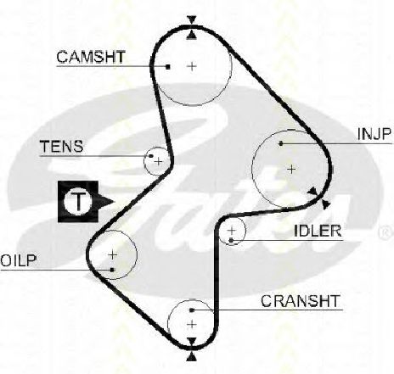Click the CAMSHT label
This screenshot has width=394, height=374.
pyautogui.click(x=91, y=57)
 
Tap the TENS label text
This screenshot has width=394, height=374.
pyautogui.click(x=62, y=147)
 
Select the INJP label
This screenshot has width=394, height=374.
pyautogui.click(x=374, y=134)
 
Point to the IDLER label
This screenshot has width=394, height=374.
pyautogui.click(x=318, y=231)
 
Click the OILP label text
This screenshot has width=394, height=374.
pyautogui.click(x=19, y=260)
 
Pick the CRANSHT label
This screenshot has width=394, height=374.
pyautogui.click(x=300, y=301)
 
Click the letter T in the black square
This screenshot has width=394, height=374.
pyautogui.click(x=78, y=201)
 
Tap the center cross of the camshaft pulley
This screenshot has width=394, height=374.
pyautogui.click(x=192, y=66)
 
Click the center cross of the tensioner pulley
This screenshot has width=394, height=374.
pyautogui.click(x=159, y=161)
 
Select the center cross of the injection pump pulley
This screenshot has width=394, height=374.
pyautogui.click(x=291, y=170)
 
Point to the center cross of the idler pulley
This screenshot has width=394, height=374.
pyautogui.click(x=232, y=231)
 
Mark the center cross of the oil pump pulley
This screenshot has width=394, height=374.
pyautogui.click(x=113, y=254)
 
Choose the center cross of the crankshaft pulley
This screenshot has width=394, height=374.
pyautogui.click(x=192, y=324)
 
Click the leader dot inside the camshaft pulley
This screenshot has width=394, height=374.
pyautogui.click(x=168, y=67)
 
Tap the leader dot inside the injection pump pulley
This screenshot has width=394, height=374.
pyautogui.click(x=281, y=143)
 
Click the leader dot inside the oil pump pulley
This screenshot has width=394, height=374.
pyautogui.click(x=112, y=270)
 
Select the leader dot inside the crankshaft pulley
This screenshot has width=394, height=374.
pyautogui.click(x=192, y=310)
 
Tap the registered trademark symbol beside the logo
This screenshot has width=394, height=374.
pyautogui.click(x=386, y=232)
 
